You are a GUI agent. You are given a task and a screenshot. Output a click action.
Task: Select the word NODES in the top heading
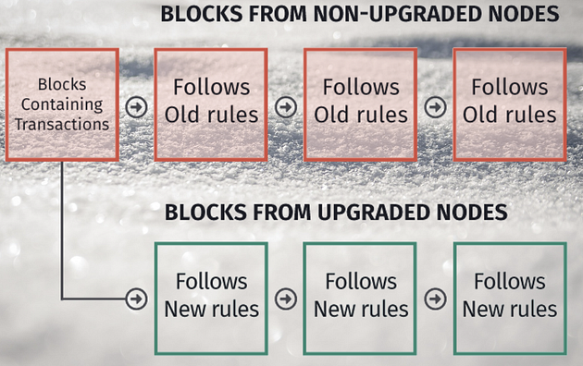[x=524, y=14]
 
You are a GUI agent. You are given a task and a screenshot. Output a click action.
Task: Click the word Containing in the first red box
[x=62, y=104]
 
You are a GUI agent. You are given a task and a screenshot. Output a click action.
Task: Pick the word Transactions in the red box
[x=62, y=125]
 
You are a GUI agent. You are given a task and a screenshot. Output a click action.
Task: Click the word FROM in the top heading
[x=278, y=14]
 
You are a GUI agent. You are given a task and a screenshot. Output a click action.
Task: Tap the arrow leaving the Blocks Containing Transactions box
[x=136, y=107]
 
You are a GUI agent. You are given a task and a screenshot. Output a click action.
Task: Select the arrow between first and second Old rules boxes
[x=286, y=107]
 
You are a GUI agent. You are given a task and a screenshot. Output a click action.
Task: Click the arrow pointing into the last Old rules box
[x=435, y=107]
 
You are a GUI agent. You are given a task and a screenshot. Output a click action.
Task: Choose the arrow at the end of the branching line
[x=136, y=299]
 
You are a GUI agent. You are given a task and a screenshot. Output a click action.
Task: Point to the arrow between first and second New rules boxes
[x=286, y=299]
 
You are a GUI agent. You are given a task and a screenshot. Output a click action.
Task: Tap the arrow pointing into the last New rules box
[x=435, y=299]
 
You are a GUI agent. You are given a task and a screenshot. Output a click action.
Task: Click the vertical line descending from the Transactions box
[x=62, y=230]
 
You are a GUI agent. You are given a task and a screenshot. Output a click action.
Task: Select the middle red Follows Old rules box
[x=360, y=104]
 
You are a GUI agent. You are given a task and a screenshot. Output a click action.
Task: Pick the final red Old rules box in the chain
[x=510, y=104]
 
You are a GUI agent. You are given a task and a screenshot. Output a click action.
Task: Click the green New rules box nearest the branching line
[x=211, y=299]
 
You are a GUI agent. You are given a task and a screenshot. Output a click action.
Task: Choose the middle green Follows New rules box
[x=360, y=299]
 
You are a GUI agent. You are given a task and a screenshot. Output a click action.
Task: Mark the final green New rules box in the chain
[x=510, y=299]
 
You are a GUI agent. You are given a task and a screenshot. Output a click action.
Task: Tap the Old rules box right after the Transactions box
[x=211, y=104]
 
